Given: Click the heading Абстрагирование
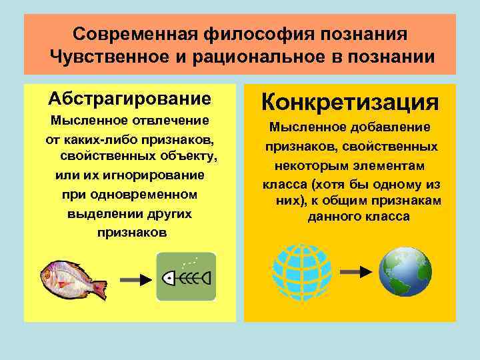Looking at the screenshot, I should pos(129,99).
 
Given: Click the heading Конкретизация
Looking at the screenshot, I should pos(350,103).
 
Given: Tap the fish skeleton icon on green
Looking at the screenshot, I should pos(186,276).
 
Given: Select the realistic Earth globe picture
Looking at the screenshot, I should pos(405,272).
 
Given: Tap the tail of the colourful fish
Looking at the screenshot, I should pos(99,289).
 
